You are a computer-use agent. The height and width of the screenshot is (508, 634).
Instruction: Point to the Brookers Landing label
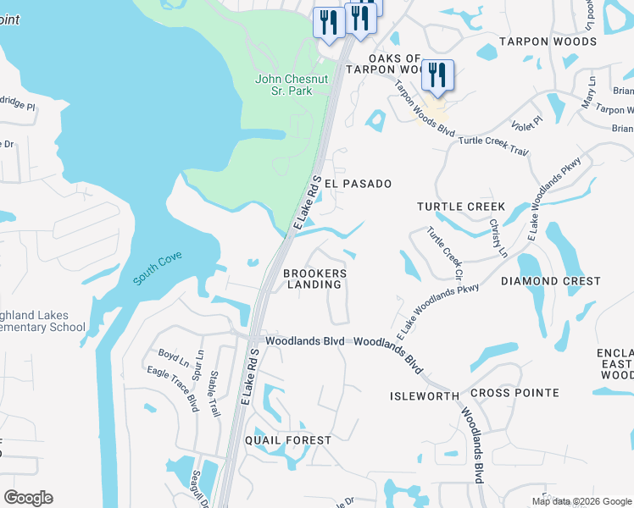pos(314,279)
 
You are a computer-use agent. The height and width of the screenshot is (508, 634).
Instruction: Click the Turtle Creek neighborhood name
pos(461,207)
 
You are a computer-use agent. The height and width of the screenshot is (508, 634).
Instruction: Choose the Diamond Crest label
pos(551,281)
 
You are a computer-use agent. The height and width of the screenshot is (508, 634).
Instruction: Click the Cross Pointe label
pos(514,393)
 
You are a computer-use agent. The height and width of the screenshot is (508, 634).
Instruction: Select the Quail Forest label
pos(288,440)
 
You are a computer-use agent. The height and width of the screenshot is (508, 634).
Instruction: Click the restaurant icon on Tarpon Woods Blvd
pos(437,76)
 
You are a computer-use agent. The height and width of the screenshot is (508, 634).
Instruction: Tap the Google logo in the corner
pos(28,498)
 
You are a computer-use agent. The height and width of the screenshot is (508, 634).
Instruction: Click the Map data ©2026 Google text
pos(581,501)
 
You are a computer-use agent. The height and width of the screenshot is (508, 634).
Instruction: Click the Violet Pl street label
pos(526,126)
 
